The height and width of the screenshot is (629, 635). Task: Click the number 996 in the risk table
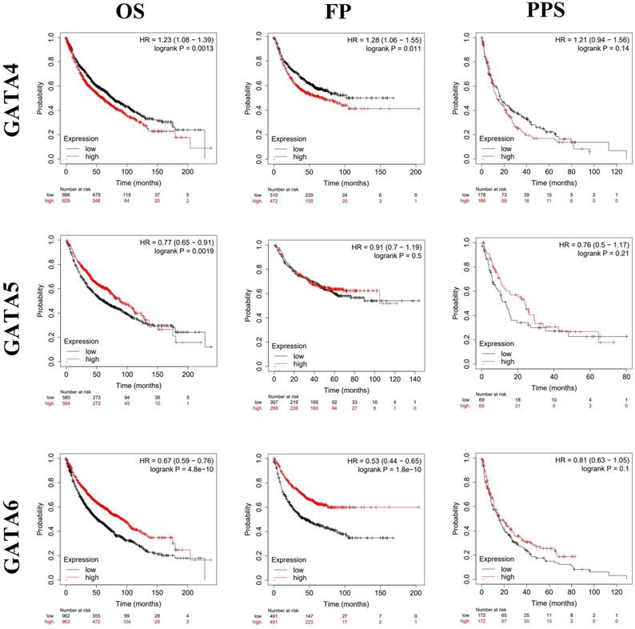click(x=66, y=194)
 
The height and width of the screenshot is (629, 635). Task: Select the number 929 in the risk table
click(x=66, y=201)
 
